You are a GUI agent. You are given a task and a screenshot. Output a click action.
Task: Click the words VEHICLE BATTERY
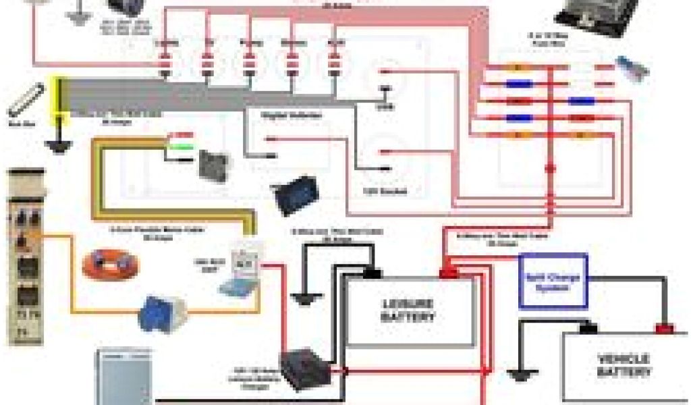pyautogui.click(x=623, y=365)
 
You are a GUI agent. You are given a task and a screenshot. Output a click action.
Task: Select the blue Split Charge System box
pyautogui.click(x=553, y=280)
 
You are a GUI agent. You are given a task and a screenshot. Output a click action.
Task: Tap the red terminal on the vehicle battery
pyautogui.click(x=665, y=329)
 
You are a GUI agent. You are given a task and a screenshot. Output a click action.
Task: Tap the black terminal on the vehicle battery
pyautogui.click(x=589, y=329)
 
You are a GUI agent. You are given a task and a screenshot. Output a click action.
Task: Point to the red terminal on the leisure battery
pyautogui.click(x=447, y=273)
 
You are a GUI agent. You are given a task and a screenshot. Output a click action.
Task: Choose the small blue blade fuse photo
pyautogui.click(x=632, y=68)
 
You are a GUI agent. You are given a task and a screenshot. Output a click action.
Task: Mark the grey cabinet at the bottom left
pyautogui.click(x=121, y=377)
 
